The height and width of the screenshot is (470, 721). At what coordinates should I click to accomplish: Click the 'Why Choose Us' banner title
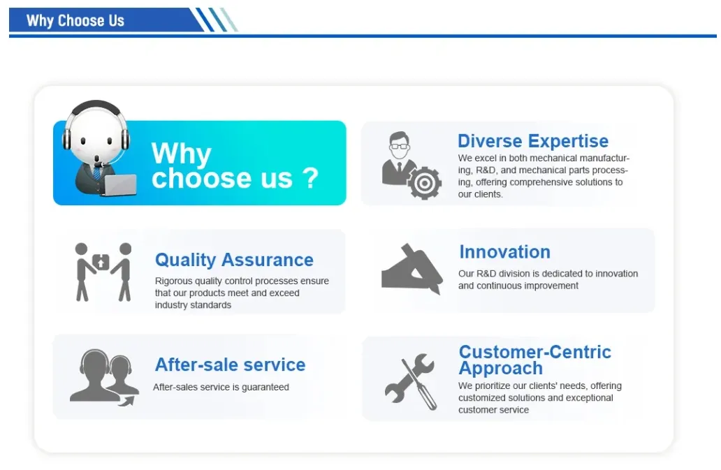(x=75, y=20)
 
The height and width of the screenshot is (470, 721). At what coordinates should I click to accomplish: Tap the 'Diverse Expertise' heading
(x=532, y=141)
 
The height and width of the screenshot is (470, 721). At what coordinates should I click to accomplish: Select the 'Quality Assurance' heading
(x=234, y=260)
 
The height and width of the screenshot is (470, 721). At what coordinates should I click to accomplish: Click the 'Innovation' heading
(x=504, y=252)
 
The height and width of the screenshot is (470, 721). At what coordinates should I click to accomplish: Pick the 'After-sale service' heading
(x=230, y=365)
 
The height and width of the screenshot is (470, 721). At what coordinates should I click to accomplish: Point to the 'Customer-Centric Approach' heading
(x=534, y=360)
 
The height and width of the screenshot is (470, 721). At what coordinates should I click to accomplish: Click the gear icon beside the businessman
(x=424, y=183)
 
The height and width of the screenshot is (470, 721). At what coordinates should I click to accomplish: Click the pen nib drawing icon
(x=412, y=270)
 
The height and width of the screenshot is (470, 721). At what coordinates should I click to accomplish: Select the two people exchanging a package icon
(x=103, y=271)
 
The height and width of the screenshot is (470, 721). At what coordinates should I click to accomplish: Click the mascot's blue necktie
(x=96, y=172)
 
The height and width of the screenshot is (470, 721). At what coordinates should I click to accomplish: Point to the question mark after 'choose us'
(x=310, y=177)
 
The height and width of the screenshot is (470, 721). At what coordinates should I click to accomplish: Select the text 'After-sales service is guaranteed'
(x=221, y=387)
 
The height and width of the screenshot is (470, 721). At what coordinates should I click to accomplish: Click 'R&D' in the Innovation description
(x=487, y=274)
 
